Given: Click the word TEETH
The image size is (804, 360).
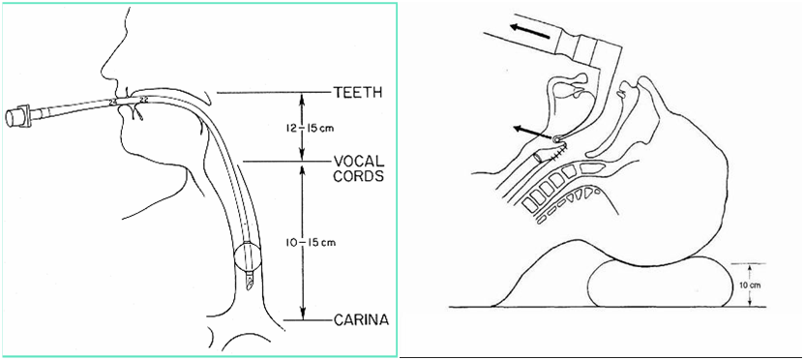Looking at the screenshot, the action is point(358,93).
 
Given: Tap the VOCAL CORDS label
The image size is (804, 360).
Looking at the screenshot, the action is point(359,168).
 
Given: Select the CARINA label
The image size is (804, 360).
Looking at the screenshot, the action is point(361,321).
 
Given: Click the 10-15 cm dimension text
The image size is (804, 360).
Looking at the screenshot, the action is point(312,243).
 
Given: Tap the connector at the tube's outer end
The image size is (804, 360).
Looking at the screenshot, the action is point(19,116).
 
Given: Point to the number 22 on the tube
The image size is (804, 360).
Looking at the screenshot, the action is point(144,101).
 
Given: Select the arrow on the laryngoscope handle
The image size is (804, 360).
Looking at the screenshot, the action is point(531,31).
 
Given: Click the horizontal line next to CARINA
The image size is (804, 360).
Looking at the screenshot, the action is point(306,321).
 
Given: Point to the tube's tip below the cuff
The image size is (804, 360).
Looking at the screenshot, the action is point(250,283).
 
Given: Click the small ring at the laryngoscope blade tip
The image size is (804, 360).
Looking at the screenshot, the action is point(557,138).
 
